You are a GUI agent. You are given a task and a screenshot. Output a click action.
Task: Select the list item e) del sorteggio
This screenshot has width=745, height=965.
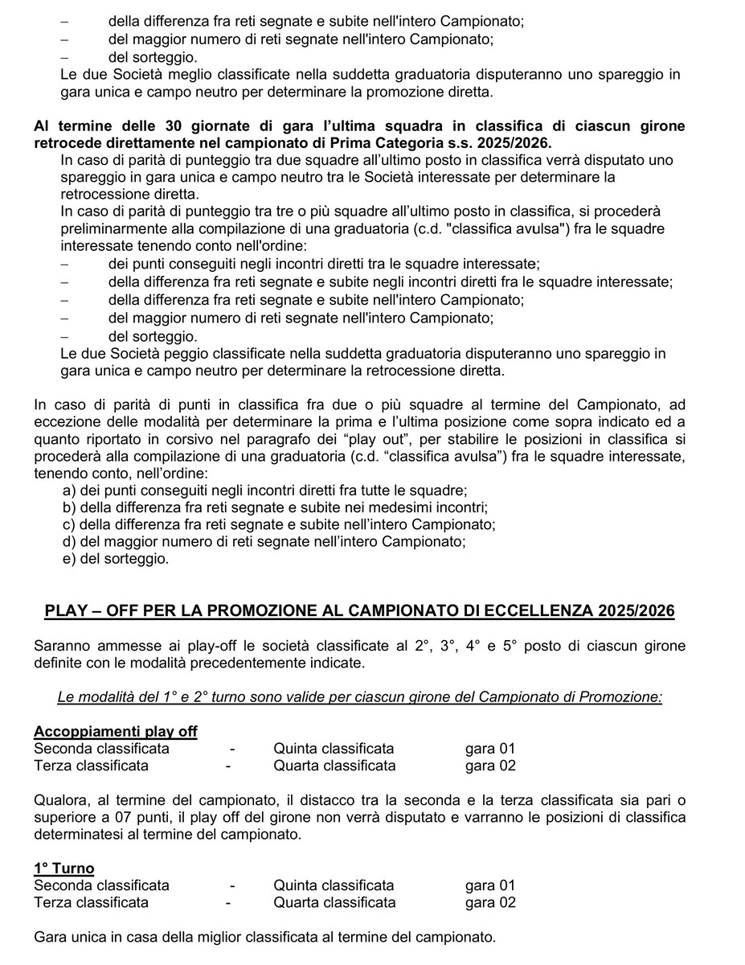coord(116,558)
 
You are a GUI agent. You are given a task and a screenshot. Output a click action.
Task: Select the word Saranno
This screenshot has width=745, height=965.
coord(62,647)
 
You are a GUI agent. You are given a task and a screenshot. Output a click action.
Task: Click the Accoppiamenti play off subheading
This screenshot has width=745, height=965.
coord(116,731)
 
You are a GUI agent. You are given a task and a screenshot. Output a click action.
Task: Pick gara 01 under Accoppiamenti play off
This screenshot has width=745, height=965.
coord(490,749)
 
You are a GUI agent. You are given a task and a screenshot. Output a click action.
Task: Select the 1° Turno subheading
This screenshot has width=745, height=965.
coord(64,868)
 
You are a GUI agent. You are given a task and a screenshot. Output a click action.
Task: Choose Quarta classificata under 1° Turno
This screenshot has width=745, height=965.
coord(334,902)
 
